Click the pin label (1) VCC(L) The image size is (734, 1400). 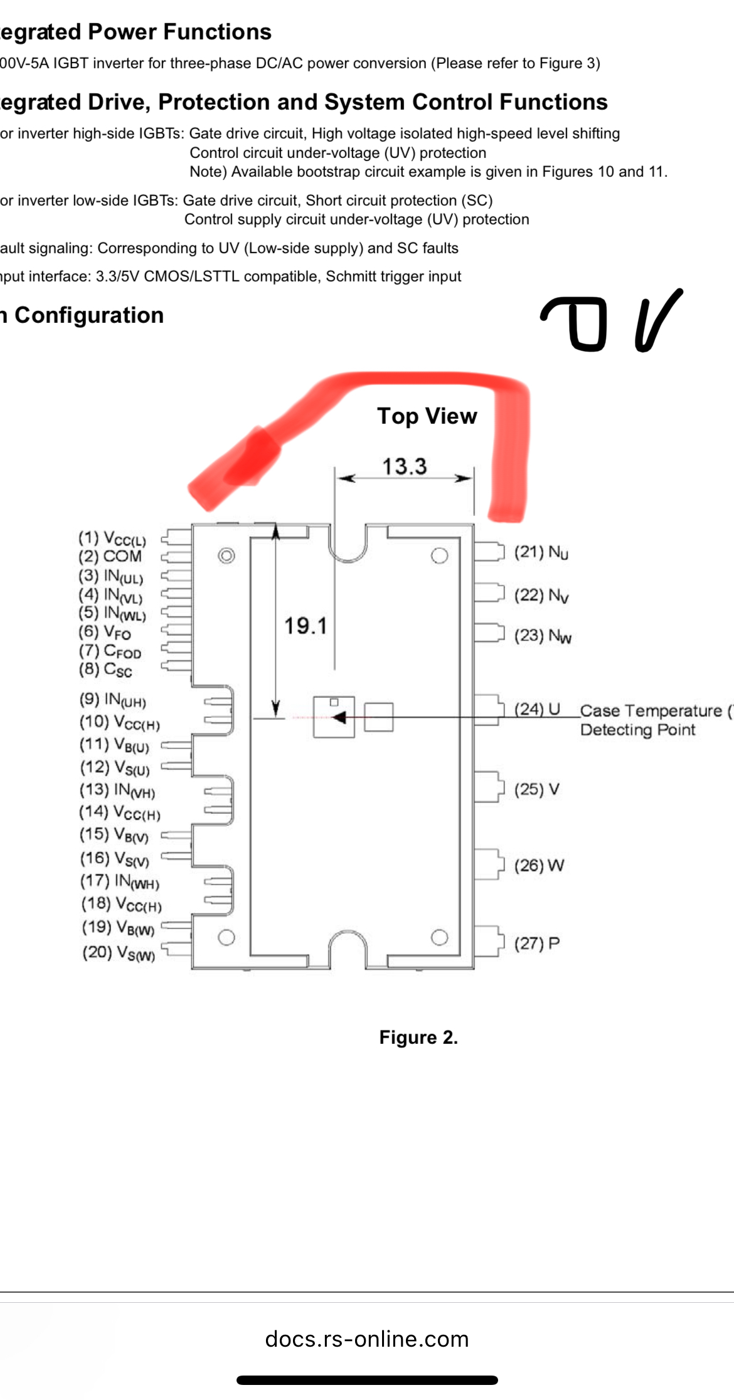(x=112, y=539)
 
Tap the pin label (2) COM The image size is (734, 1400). (x=110, y=557)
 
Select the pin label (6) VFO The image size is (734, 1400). (x=105, y=632)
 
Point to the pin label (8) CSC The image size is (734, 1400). (x=105, y=670)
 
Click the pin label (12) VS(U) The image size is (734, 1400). (x=115, y=767)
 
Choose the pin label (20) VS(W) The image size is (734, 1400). (x=119, y=953)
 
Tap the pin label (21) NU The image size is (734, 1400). (x=541, y=552)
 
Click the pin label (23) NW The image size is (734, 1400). (x=543, y=636)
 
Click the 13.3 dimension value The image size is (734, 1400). (x=405, y=466)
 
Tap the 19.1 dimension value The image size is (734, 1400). (x=306, y=626)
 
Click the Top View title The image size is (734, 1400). (x=427, y=416)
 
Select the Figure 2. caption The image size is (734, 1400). (x=418, y=1038)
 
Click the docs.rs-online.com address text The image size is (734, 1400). (x=367, y=1339)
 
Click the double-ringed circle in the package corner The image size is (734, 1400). (x=226, y=555)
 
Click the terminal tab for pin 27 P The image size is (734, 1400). (x=489, y=941)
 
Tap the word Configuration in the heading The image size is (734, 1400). (x=89, y=315)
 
